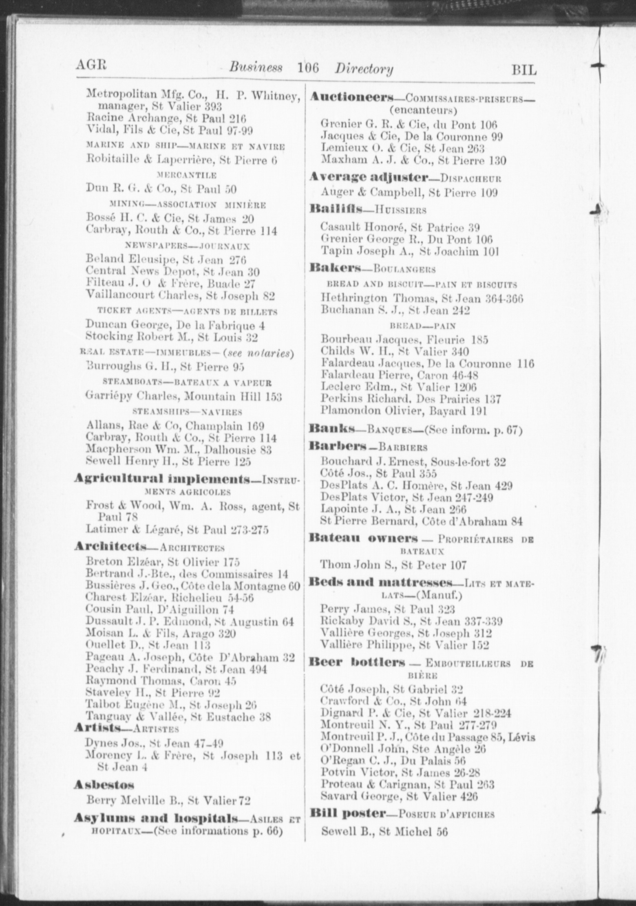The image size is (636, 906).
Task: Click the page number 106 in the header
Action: click(x=308, y=67)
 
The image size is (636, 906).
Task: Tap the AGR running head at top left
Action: click(x=91, y=65)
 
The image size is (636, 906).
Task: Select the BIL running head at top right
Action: click(x=524, y=70)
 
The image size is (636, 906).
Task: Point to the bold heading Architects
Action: click(x=110, y=546)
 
